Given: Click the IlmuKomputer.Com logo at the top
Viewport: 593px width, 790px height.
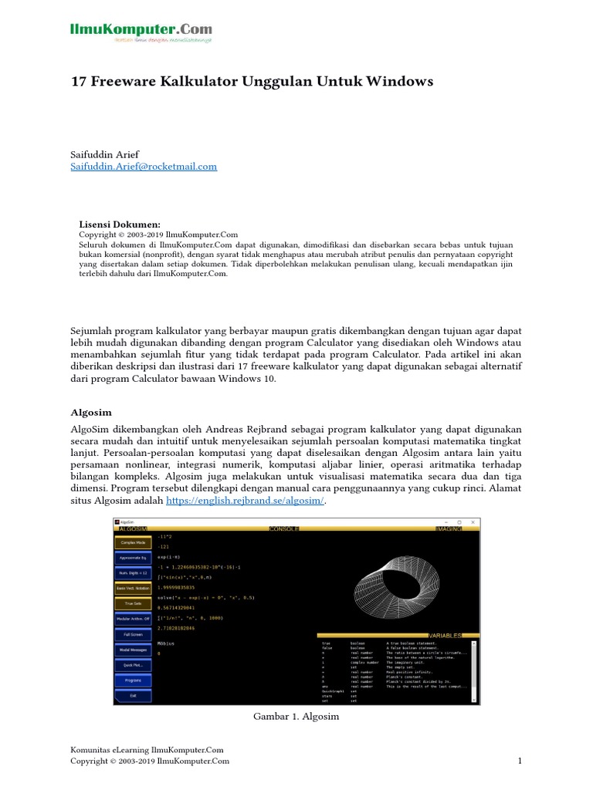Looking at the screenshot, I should click(x=141, y=32).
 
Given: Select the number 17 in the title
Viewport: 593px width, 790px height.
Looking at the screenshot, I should click(x=79, y=81).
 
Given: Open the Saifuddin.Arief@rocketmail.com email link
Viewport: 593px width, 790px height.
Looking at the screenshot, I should click(x=144, y=166).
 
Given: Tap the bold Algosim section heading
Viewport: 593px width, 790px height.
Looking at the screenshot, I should click(x=91, y=413).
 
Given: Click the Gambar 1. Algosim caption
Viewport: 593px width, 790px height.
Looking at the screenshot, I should click(x=296, y=717).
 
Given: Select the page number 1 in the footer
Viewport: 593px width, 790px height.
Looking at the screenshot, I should click(x=520, y=761).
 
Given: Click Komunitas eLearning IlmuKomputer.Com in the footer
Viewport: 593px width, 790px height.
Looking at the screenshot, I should click(x=147, y=750).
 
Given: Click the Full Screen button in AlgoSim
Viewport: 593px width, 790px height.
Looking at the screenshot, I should click(x=133, y=633).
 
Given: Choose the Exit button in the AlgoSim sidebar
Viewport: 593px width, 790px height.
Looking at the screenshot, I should click(x=133, y=695).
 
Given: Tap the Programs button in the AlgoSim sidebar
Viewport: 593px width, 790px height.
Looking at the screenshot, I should click(x=133, y=680).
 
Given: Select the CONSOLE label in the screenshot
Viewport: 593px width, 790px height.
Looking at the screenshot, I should click(x=283, y=528).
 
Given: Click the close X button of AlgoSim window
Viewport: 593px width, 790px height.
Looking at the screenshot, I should click(x=473, y=522).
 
